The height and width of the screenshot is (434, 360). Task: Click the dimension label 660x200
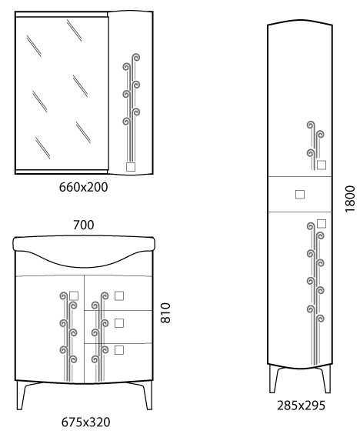point(83,188)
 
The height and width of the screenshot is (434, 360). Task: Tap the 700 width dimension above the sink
point(83,225)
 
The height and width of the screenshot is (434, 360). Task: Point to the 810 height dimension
point(165,312)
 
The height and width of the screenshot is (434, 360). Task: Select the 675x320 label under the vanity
point(85,422)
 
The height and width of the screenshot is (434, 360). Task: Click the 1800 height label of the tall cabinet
point(350,199)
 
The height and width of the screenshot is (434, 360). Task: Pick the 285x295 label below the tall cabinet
point(301,406)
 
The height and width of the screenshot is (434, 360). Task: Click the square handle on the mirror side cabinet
point(131,167)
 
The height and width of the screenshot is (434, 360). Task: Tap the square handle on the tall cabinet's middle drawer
point(300,195)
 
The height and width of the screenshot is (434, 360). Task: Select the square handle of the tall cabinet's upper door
point(322,165)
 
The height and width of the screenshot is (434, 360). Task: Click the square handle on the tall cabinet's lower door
point(322,224)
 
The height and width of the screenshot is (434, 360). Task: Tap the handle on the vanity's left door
point(74,296)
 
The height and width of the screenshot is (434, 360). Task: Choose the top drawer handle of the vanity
point(119,296)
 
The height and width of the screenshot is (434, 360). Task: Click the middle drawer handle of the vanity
point(119,323)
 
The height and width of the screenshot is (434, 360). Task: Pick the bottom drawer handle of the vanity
point(119,350)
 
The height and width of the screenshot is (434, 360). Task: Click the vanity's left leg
point(22,396)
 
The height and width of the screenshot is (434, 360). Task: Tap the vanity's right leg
point(146,396)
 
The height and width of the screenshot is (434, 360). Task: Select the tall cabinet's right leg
point(326,379)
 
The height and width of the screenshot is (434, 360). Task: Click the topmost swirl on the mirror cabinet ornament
point(135,58)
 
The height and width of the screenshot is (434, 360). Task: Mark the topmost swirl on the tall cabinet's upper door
point(311,125)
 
